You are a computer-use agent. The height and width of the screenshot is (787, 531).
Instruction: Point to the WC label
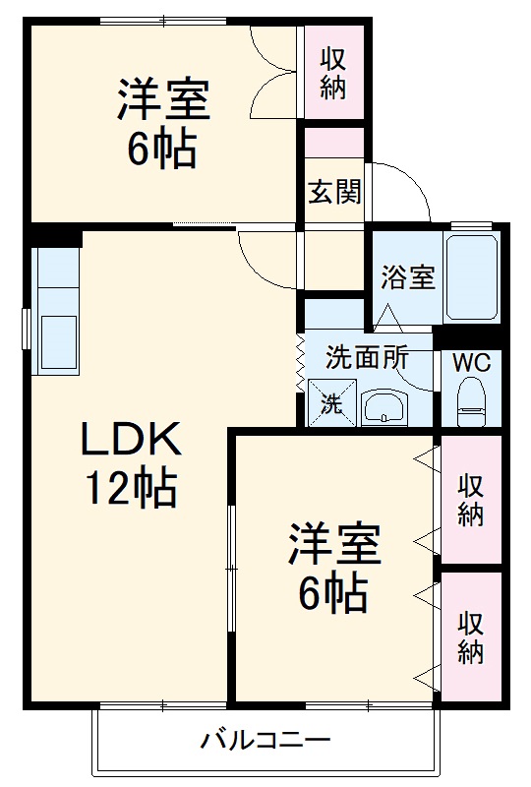click(x=472, y=361)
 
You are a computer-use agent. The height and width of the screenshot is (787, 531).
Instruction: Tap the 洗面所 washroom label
click(x=367, y=358)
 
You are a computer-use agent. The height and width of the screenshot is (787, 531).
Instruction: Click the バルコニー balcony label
click(x=265, y=739)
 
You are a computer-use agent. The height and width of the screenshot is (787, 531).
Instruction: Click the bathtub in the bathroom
click(x=473, y=276)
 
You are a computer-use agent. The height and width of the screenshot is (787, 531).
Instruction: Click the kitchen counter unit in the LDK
click(x=57, y=310)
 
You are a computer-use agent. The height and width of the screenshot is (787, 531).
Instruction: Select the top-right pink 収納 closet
click(x=333, y=73)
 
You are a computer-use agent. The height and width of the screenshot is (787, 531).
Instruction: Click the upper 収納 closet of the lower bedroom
click(x=471, y=500)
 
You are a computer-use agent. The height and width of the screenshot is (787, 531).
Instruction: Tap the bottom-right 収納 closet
click(x=471, y=636)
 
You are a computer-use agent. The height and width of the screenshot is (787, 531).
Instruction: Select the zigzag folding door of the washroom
click(x=300, y=367)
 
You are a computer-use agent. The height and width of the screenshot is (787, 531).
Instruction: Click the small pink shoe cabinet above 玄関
click(x=333, y=142)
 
